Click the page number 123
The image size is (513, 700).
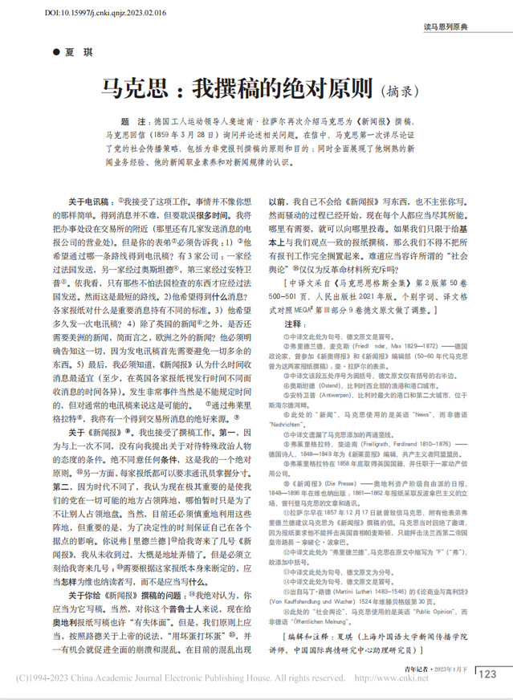point(487,674)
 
